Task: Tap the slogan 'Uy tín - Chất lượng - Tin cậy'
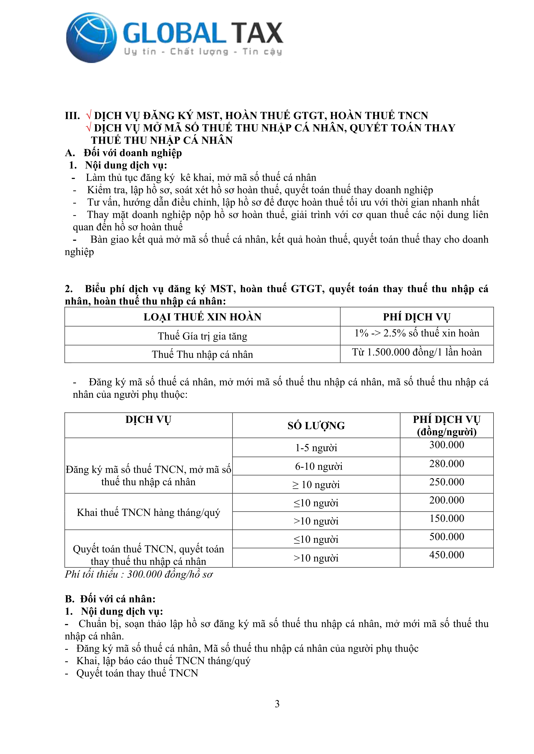(x=203, y=52)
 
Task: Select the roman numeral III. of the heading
(x=72, y=116)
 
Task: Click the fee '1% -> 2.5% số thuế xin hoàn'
(x=417, y=333)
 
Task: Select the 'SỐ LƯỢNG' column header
(x=316, y=426)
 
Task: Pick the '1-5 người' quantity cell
(x=316, y=448)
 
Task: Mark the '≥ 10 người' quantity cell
(x=316, y=485)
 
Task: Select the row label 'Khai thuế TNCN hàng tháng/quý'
(x=148, y=512)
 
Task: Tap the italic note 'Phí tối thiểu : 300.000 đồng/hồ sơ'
(x=138, y=574)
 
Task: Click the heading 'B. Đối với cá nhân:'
(x=110, y=599)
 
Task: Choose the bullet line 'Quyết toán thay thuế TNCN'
(x=137, y=673)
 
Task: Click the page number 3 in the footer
(x=277, y=704)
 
